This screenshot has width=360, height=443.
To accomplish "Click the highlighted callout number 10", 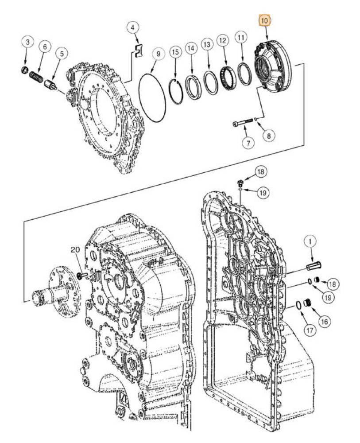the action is (265, 21).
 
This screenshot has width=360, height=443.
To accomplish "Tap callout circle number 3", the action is (27, 43).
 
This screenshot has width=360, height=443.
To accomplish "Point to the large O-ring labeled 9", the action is (152, 98).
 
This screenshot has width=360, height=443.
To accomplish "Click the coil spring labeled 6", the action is (36, 76).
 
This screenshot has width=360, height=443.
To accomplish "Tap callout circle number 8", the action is (269, 136).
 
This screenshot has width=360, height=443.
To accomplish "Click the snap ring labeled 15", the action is (176, 92).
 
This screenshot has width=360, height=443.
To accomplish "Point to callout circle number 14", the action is (191, 48).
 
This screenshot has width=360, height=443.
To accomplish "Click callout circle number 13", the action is (207, 45).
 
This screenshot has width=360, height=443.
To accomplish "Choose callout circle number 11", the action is (241, 37).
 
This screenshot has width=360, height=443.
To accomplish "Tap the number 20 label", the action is (75, 250).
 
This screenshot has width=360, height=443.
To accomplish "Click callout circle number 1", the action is (310, 241).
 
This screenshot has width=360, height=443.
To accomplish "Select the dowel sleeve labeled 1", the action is (314, 266).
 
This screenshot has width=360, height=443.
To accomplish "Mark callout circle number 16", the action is (325, 322).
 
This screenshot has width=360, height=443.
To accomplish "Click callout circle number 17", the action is (310, 330).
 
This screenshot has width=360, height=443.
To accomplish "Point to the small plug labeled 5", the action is (50, 85).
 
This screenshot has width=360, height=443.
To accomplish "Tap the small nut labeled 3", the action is (25, 70).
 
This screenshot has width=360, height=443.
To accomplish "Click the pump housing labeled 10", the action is (272, 67).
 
